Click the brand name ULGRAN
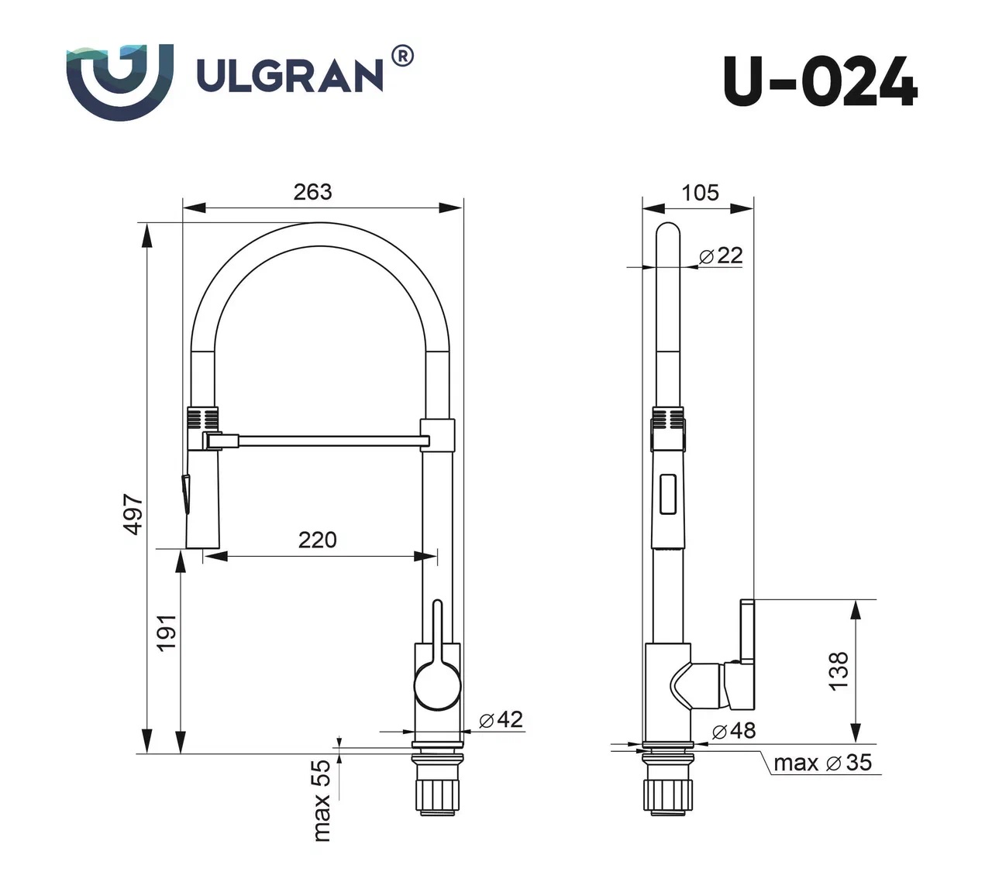(291, 76)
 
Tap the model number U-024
(821, 81)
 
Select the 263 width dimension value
(312, 192)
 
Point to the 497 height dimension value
(133, 514)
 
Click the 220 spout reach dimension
(318, 540)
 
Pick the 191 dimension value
(167, 633)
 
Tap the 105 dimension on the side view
(700, 192)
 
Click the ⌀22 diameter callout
(721, 256)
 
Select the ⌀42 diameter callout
(501, 719)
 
